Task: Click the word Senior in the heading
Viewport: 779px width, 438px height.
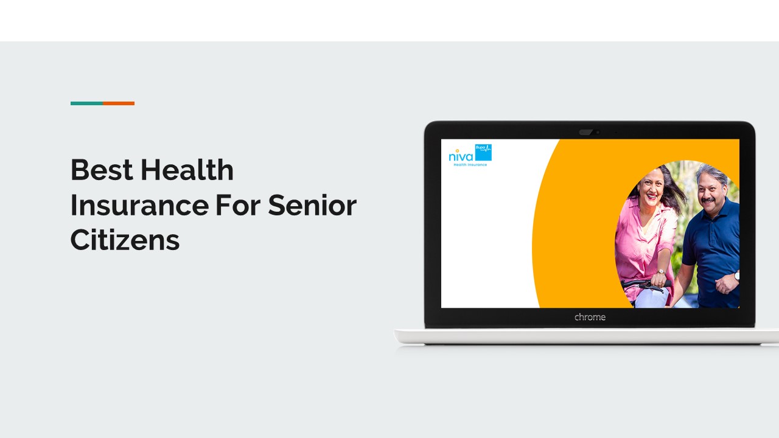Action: (312, 205)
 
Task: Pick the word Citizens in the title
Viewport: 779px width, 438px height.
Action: (125, 240)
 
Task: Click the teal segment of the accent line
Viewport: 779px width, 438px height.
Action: (86, 103)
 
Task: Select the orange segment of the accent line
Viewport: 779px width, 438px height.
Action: (119, 103)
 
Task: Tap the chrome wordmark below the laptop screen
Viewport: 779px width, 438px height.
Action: (590, 317)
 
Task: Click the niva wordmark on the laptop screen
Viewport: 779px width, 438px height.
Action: (460, 156)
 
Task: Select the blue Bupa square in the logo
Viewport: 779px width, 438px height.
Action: (483, 152)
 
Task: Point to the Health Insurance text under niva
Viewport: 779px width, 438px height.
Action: (470, 165)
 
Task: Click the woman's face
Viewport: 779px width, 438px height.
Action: (650, 188)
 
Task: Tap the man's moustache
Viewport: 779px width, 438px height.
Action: (708, 200)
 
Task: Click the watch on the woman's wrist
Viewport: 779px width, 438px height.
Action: (660, 273)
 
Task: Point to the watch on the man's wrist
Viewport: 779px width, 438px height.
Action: (736, 275)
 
